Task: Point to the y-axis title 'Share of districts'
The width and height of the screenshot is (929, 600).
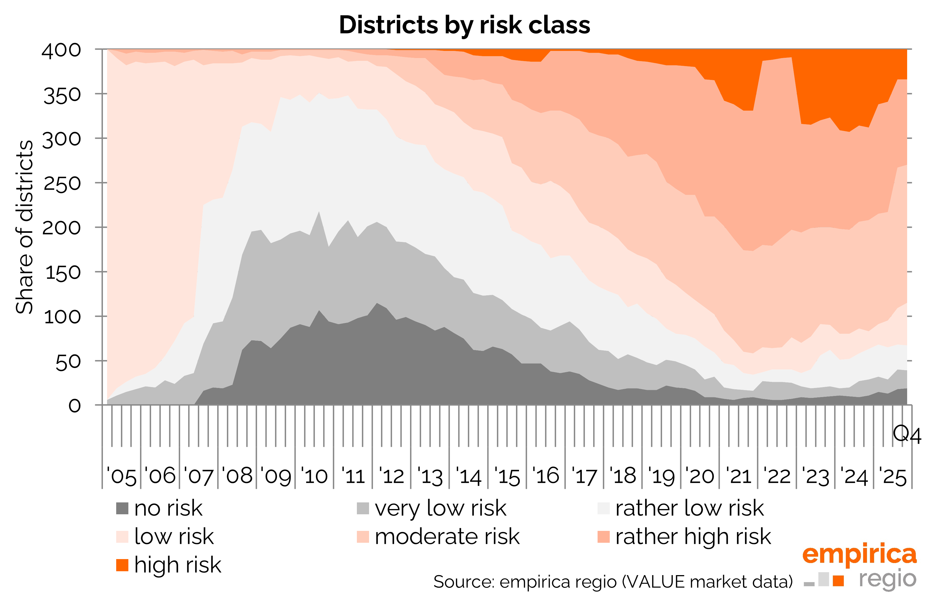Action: click(x=24, y=227)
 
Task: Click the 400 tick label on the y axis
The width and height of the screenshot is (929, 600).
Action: click(x=62, y=51)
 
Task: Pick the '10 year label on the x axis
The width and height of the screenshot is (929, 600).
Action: click(x=314, y=476)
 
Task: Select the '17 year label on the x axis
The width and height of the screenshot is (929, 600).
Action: click(x=584, y=476)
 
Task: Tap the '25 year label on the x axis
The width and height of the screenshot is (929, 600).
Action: click(x=893, y=476)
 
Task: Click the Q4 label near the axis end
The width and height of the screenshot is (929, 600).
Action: click(x=907, y=434)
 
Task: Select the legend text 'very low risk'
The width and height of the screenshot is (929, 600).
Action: click(x=440, y=508)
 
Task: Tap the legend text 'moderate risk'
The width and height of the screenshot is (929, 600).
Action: click(x=447, y=536)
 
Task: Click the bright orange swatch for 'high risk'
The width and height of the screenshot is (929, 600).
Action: click(x=122, y=565)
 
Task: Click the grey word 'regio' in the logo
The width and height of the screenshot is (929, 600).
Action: click(x=887, y=579)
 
